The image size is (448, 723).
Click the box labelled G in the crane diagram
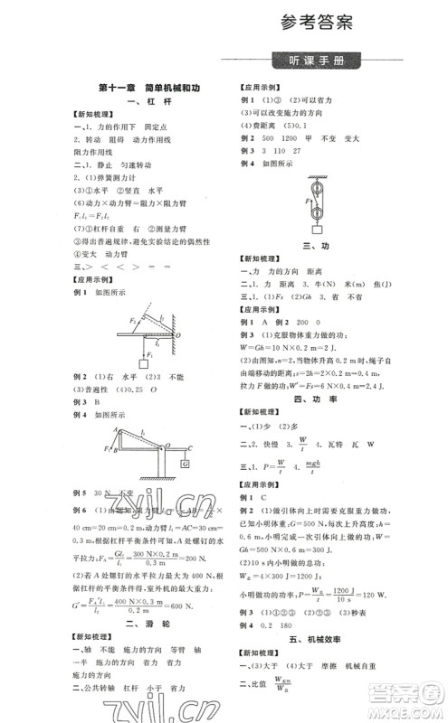[185, 465]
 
